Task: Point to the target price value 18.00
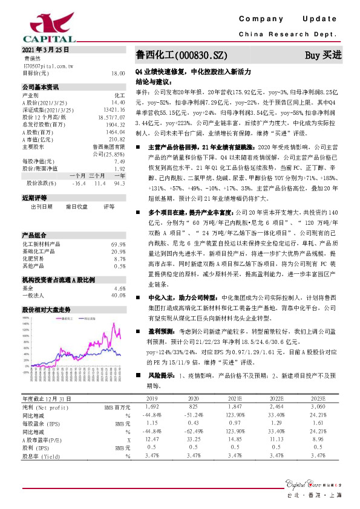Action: coord(117,73)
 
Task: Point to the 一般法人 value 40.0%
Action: coord(119,296)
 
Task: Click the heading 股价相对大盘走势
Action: coord(46,309)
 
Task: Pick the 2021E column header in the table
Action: coord(235,400)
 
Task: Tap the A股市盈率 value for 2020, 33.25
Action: coord(194,440)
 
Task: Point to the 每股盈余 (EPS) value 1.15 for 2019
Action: coord(152,424)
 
